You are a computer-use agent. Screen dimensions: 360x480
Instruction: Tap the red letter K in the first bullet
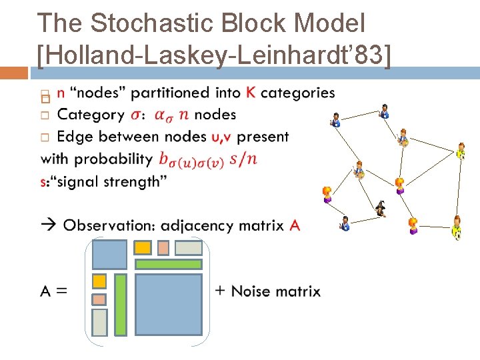[250, 93]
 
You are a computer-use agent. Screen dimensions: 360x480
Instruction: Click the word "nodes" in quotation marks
[103, 93]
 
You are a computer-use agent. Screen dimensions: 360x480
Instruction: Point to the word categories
[297, 93]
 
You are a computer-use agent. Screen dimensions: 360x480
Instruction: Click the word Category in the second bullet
[91, 115]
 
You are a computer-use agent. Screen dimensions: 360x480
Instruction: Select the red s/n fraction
[243, 159]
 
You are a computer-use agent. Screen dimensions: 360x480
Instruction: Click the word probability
[114, 159]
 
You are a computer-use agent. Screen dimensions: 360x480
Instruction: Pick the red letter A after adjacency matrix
[295, 225]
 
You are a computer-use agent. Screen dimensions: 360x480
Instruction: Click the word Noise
[254, 291]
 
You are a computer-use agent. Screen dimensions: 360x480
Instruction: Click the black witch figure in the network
[381, 209]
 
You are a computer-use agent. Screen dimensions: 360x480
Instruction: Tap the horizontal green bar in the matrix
[168, 264]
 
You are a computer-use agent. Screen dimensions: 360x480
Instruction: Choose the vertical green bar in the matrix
[121, 305]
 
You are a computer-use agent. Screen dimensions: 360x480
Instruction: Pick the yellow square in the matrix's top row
[143, 248]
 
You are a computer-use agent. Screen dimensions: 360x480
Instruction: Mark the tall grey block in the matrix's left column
[99, 322]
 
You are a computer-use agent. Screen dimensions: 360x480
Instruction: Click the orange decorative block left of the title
[14, 72]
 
